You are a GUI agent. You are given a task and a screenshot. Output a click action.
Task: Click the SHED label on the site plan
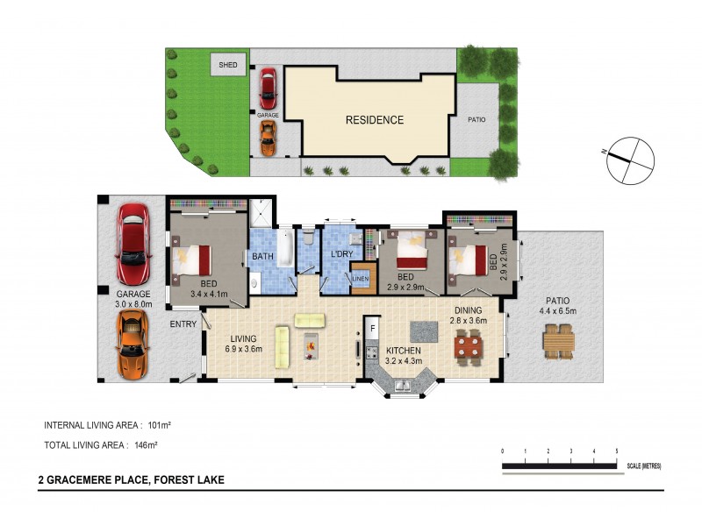[228, 65]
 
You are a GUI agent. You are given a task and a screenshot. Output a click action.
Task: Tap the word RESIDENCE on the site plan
[374, 120]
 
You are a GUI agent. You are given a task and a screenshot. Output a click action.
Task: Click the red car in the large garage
[133, 238]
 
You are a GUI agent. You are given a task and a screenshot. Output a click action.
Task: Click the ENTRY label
[183, 324]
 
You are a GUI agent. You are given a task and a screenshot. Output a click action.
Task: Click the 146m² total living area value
[145, 445]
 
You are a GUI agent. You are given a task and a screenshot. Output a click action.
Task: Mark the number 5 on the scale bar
[616, 451]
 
